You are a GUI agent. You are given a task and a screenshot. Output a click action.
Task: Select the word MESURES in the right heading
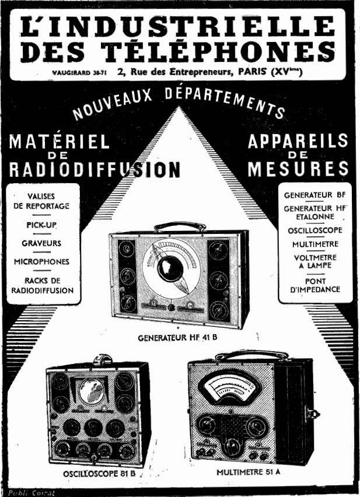298,169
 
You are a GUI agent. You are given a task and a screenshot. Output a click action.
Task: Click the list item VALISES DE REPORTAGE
41,201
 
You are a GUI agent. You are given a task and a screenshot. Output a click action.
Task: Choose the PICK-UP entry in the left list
41,225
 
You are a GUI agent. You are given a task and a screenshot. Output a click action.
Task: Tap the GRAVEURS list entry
41,243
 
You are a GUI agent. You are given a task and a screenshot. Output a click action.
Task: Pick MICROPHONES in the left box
41,261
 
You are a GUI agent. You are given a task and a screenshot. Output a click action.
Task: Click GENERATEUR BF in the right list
314,194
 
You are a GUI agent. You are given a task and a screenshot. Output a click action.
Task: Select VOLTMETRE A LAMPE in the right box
314,261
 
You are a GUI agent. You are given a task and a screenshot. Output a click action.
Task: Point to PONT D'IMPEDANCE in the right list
314,285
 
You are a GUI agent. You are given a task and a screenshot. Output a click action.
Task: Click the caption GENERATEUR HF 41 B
181,338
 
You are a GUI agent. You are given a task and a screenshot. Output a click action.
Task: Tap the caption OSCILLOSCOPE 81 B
99,474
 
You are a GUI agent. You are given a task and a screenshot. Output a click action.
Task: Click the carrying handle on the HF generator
180,225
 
